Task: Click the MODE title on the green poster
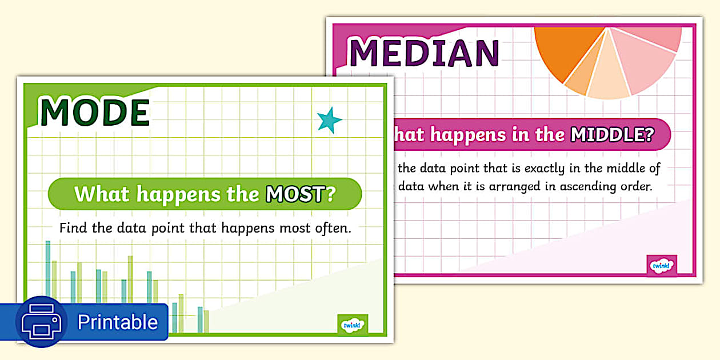click(x=95, y=113)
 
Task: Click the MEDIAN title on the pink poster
click(x=424, y=53)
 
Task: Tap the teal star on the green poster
click(x=329, y=121)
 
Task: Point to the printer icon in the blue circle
click(x=42, y=322)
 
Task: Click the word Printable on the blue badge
click(x=117, y=322)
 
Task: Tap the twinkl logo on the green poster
click(x=353, y=325)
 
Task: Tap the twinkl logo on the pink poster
click(x=662, y=265)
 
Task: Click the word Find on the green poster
click(x=73, y=228)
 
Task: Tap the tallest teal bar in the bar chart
click(x=48, y=269)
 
